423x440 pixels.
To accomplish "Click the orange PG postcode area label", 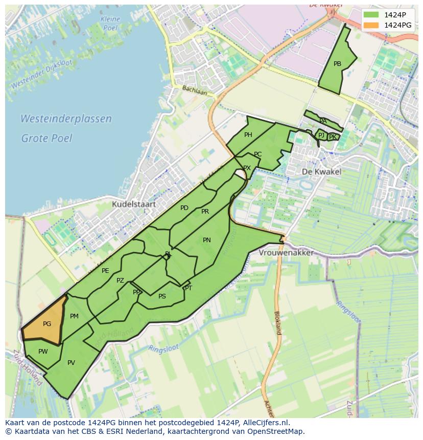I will (x=47, y=324).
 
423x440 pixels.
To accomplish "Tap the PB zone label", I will (x=337, y=64).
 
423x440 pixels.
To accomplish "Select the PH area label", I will (x=248, y=135).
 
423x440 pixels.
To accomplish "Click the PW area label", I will (x=43, y=352).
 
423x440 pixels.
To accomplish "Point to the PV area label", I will (x=71, y=363).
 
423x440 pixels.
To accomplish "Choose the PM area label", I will (x=74, y=316).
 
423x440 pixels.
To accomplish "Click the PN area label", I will (x=207, y=240).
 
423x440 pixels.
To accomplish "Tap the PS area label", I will (x=162, y=296).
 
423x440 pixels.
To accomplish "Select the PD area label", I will (x=184, y=208).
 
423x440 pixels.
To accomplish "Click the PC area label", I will (x=257, y=154).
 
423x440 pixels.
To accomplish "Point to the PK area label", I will (x=333, y=137).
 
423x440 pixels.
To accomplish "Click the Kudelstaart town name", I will (x=133, y=204).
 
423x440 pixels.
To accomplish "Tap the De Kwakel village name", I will (x=321, y=172).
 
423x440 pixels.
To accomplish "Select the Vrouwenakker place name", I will (x=286, y=253).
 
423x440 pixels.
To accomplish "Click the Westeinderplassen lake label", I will (x=66, y=119).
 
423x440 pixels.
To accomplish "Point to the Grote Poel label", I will (x=46, y=138).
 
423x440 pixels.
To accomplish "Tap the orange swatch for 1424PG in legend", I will (x=372, y=25).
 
